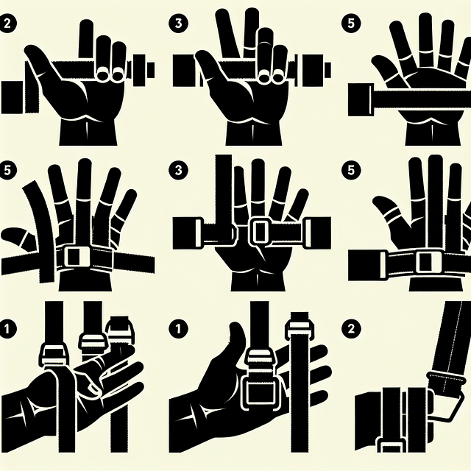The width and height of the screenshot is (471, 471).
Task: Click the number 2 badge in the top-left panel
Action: click(x=7, y=23)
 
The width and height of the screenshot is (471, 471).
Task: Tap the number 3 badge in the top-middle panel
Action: click(x=178, y=23)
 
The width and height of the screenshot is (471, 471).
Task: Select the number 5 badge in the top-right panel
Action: click(x=350, y=23)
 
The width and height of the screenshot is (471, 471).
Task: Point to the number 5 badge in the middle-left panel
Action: click(x=7, y=170)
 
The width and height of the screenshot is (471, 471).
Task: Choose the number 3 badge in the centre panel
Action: click(x=178, y=170)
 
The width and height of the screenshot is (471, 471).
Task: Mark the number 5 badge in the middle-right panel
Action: click(x=350, y=170)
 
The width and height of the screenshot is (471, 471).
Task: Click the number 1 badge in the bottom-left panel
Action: click(x=7, y=328)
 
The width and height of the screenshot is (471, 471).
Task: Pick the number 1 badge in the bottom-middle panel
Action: click(x=178, y=328)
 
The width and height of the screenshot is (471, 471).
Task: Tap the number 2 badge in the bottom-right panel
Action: click(x=350, y=328)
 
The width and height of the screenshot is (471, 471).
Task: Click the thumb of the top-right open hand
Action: click(x=386, y=68)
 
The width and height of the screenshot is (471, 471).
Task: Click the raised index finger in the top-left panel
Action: click(x=86, y=39)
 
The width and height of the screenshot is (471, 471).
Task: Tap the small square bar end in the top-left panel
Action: click(x=150, y=68)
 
